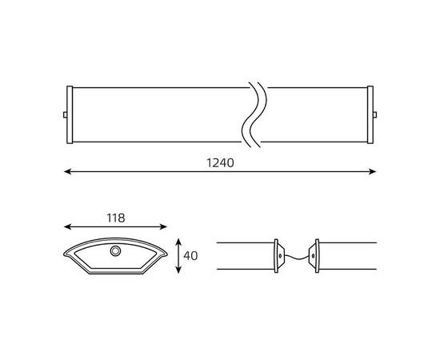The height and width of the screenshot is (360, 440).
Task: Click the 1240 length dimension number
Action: pos(220,162)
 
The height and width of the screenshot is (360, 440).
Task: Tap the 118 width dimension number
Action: pos(116,218)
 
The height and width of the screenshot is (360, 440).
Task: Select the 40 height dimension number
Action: pos(190,256)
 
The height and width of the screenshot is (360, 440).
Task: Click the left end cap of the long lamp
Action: pos(70,114)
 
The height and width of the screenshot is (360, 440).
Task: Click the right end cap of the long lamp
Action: pos(370,114)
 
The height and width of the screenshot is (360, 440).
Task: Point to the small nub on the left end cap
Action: pos(65,114)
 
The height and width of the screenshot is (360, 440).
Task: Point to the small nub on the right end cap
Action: pos(375,114)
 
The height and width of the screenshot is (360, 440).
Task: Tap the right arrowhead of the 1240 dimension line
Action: pos(372,171)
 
